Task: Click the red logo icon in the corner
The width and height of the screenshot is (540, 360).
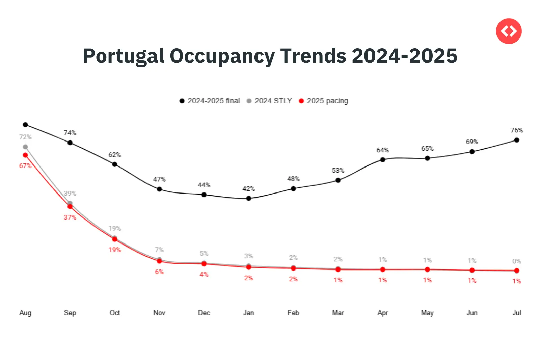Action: coord(509,31)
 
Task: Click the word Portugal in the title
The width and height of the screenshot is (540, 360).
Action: coord(123,56)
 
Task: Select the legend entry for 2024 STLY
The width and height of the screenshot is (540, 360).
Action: coord(269,101)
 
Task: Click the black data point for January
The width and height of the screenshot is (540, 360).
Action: coord(249,198)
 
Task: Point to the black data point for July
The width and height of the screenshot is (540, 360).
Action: coord(517,140)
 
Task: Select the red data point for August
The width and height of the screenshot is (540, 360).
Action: coord(25,155)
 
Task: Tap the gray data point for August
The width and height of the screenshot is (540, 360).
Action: coord(25,147)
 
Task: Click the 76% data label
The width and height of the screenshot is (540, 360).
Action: coord(517,130)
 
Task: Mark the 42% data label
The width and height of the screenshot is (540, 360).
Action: coord(249,188)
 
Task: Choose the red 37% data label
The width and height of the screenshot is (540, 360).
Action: coord(70,217)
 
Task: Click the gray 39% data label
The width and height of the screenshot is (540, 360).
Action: coord(70,193)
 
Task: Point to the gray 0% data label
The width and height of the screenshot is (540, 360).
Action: coord(517,261)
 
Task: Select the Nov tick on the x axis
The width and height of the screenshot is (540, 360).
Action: coord(159,313)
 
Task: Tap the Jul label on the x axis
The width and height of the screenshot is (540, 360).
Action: coord(517,313)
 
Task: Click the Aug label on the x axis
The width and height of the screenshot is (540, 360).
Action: coord(25,313)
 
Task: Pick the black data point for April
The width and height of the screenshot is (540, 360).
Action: coord(383,159)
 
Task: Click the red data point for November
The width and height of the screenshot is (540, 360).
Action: coord(159,261)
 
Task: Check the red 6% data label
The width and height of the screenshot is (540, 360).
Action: coord(159,272)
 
